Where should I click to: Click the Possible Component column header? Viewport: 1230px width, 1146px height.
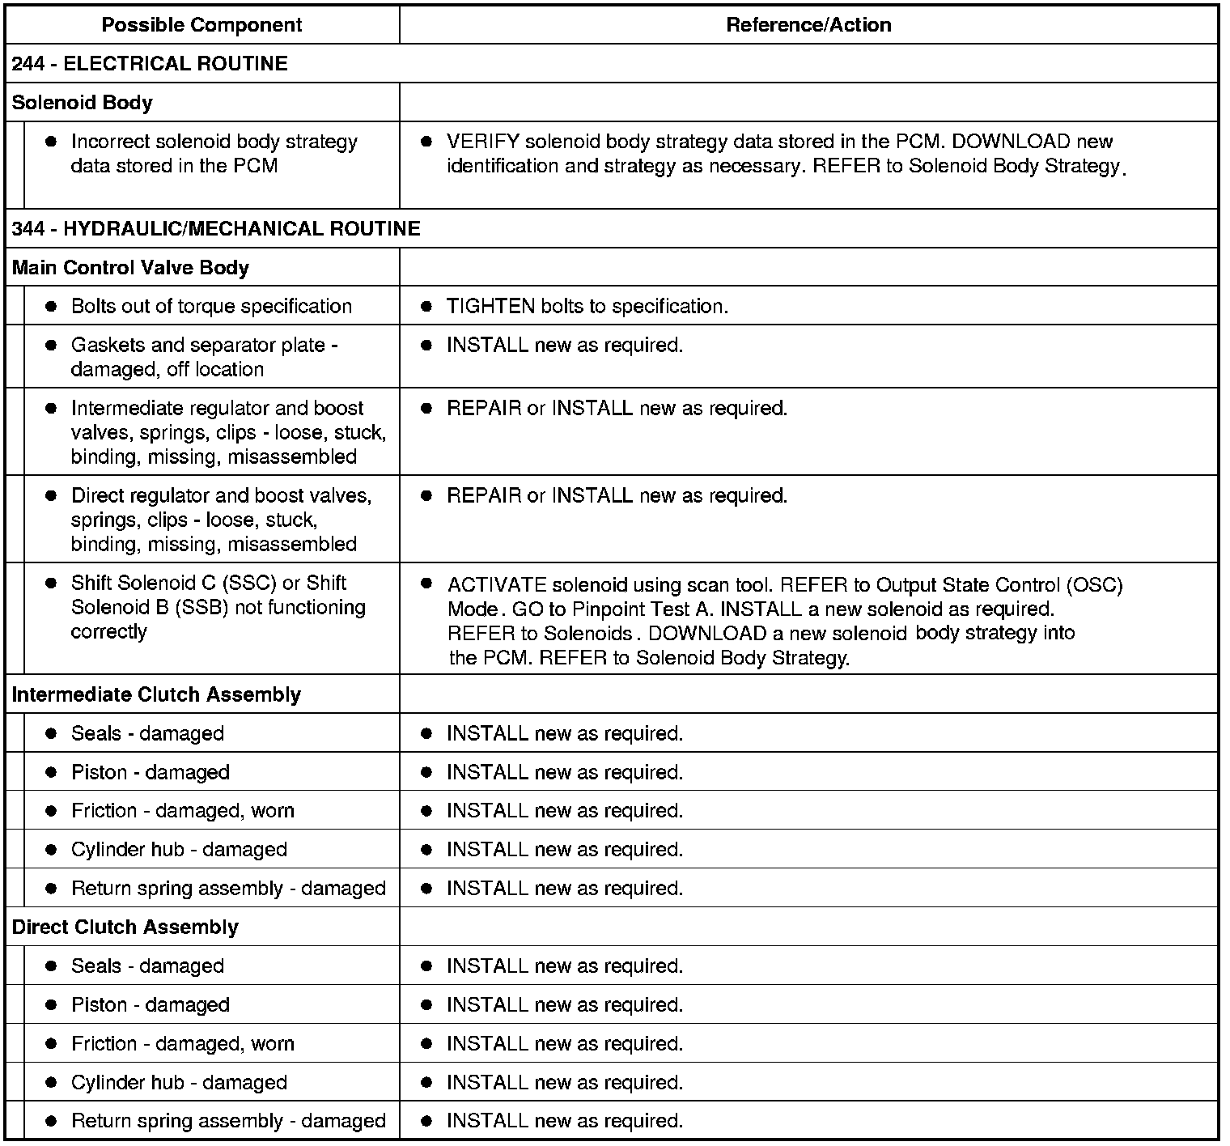tap(201, 25)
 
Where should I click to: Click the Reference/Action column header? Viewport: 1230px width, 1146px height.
tap(808, 25)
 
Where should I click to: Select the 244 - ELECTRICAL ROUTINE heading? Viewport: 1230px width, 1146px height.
tap(150, 64)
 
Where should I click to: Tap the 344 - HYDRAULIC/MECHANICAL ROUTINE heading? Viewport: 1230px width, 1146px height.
tap(216, 229)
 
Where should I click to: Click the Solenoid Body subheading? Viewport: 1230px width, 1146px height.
tap(82, 103)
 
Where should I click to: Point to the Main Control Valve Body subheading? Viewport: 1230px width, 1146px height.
tap(130, 268)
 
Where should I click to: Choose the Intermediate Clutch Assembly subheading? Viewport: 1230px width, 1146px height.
tap(156, 694)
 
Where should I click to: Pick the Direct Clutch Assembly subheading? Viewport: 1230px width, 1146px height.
tap(125, 927)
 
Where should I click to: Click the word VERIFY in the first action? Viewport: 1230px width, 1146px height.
tap(482, 142)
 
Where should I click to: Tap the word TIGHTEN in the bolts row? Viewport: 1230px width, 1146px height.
tap(490, 307)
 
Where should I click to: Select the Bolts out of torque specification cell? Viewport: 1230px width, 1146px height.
tap(211, 307)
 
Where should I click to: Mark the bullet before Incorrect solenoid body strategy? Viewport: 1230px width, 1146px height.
tap(51, 142)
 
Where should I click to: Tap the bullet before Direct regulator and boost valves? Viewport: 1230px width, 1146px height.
tap(51, 496)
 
